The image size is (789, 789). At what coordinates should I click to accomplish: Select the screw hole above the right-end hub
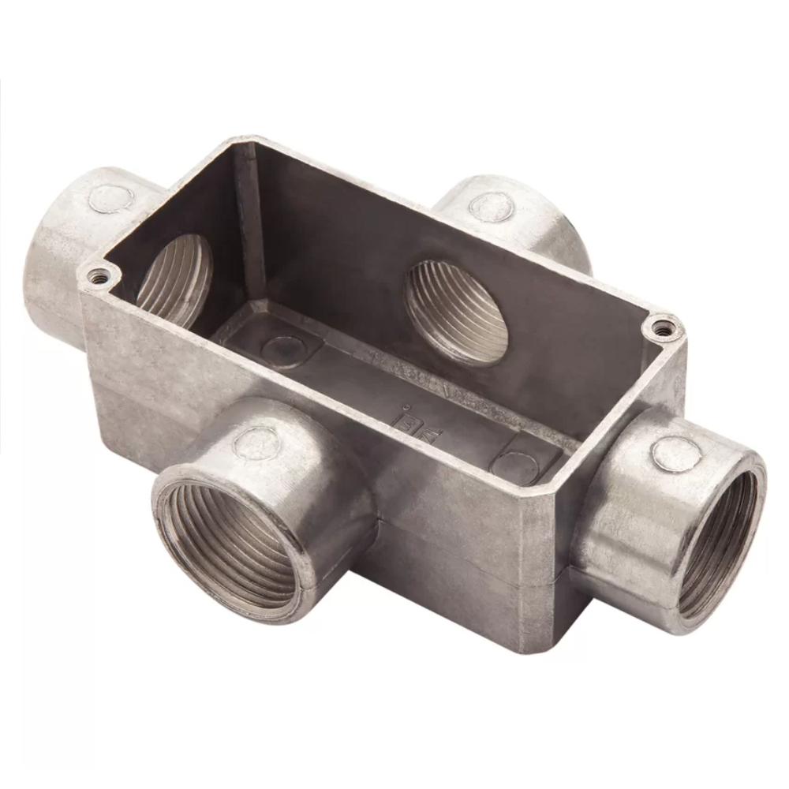click(661, 326)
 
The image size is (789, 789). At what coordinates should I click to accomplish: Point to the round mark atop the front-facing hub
click(257, 443)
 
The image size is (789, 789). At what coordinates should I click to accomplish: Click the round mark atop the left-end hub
click(110, 198)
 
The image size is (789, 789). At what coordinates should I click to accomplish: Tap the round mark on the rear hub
click(491, 208)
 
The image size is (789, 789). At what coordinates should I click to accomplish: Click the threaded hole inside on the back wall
click(455, 312)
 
